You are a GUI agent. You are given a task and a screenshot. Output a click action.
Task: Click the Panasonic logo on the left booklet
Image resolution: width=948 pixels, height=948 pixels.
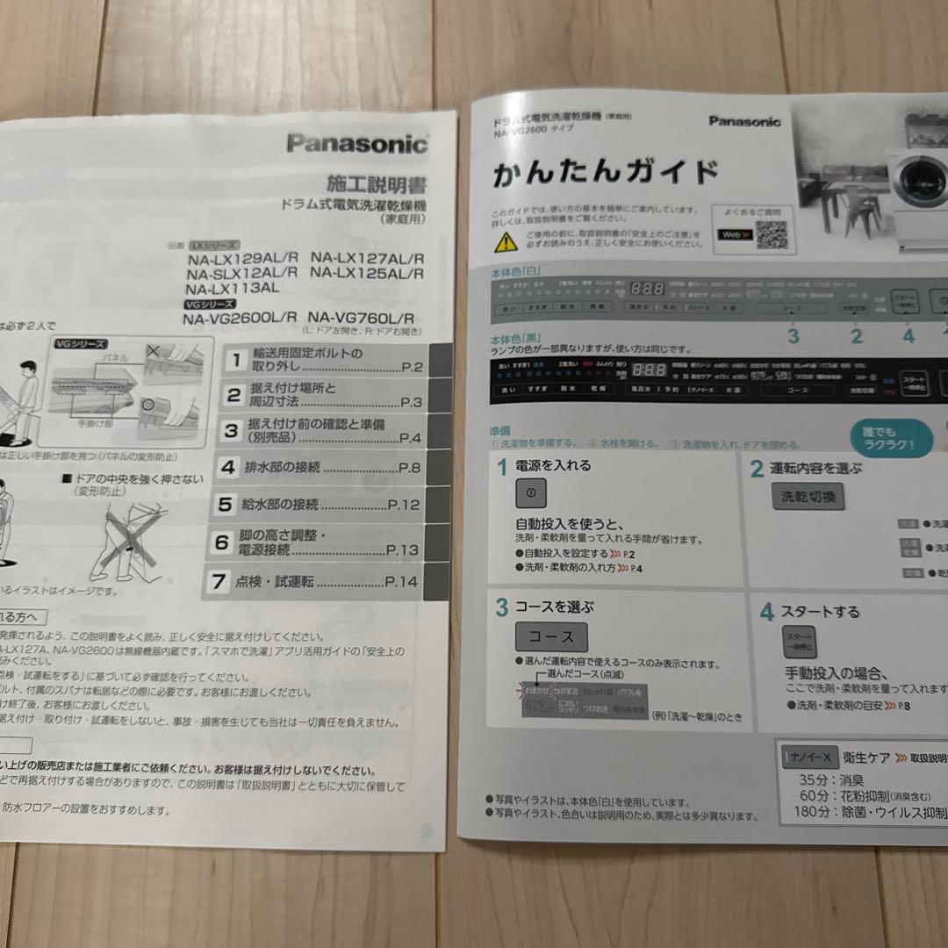point(356,143)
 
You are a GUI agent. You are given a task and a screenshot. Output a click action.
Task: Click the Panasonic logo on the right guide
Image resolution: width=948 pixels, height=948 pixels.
point(744,121)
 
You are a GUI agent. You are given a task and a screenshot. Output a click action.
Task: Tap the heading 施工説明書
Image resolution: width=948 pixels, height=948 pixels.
point(377,184)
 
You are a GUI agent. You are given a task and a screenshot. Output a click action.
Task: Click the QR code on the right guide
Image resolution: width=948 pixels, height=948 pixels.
point(771,234)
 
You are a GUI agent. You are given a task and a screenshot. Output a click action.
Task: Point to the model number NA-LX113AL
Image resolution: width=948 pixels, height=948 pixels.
point(233,288)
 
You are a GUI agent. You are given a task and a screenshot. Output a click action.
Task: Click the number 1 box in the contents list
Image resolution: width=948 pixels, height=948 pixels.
point(233,359)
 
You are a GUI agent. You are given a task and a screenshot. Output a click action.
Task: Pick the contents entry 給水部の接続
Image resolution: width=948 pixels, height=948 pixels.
point(278,505)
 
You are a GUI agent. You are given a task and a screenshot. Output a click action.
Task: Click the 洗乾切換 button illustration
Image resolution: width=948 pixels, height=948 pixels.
point(808,497)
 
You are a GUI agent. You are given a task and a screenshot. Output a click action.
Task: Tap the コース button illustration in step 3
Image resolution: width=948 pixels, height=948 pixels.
point(550,637)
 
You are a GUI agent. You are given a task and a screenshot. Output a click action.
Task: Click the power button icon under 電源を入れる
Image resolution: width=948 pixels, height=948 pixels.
point(530,494)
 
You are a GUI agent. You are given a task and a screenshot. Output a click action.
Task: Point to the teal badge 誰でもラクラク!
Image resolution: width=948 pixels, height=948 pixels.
point(890,438)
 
